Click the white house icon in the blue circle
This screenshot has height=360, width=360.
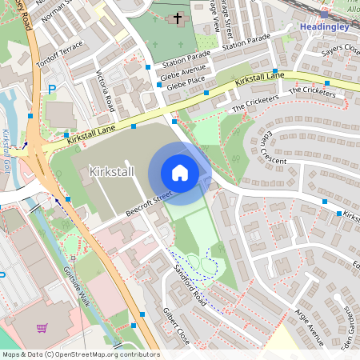click(x=179, y=173)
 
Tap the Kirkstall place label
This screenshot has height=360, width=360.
click(x=113, y=171)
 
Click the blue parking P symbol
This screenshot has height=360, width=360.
click(x=52, y=90)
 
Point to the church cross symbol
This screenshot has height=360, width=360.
click(x=176, y=18)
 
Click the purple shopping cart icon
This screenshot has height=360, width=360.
click(x=42, y=327)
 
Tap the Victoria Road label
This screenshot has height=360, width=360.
click(x=105, y=92)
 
